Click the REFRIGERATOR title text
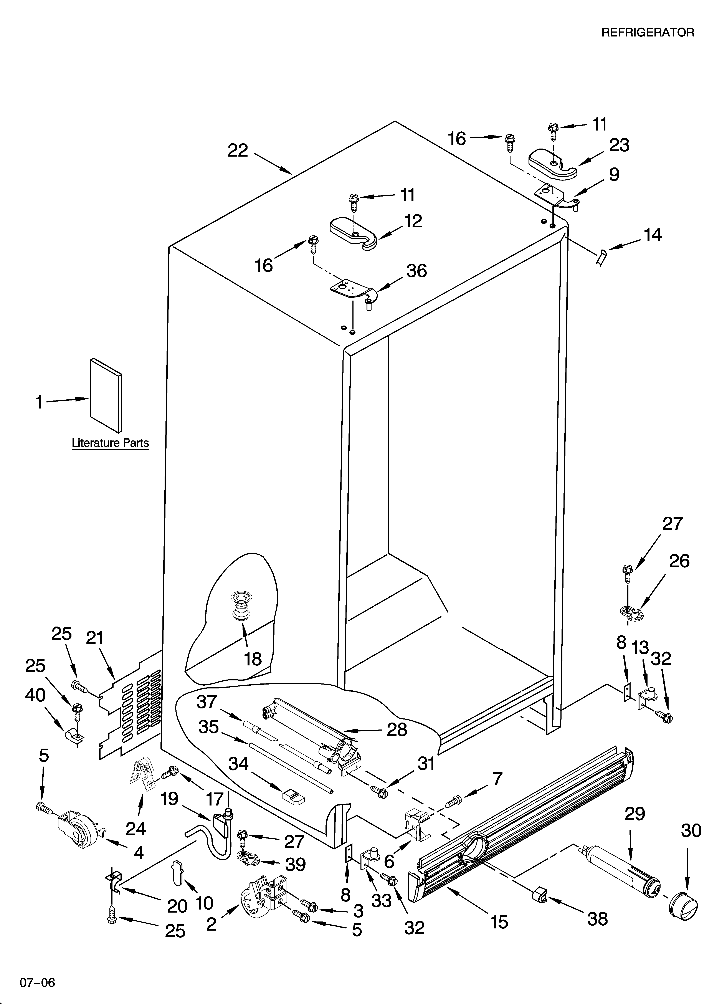pyautogui.click(x=647, y=32)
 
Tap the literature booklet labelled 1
pyautogui.click(x=106, y=395)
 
